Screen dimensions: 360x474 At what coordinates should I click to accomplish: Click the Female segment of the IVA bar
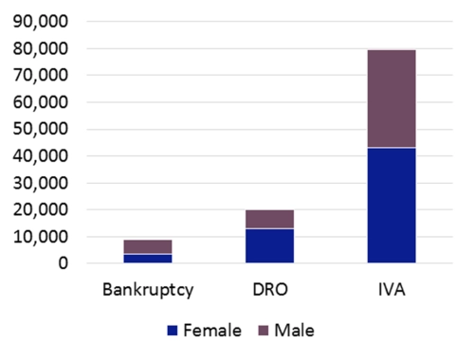392,206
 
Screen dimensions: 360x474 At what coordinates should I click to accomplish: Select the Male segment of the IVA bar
392,99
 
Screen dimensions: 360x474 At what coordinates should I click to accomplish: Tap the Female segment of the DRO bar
269,245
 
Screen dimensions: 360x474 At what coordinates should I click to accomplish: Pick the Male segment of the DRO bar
269,219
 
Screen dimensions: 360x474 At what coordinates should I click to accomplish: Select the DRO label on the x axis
269,287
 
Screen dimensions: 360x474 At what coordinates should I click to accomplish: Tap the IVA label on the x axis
392,287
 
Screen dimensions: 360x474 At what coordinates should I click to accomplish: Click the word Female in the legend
210,331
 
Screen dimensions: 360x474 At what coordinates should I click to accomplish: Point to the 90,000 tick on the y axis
39,21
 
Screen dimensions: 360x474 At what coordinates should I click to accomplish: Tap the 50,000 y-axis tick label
39,129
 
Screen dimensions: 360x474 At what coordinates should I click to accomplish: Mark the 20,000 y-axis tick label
39,209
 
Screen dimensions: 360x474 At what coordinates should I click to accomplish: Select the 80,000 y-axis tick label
39,48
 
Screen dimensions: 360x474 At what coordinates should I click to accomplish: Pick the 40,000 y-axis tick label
39,155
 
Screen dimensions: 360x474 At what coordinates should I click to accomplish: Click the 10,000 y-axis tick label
39,237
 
